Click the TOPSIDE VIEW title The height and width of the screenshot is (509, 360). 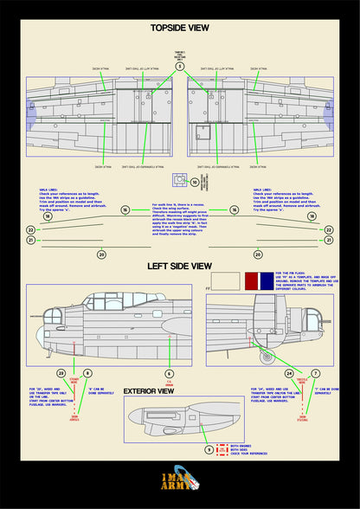point(179,28)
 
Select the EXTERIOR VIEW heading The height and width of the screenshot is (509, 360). point(151,391)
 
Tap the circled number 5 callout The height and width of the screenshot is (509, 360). point(180,66)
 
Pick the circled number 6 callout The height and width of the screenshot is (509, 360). point(169,373)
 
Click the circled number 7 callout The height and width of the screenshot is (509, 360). point(315,373)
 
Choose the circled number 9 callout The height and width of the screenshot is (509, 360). point(208,449)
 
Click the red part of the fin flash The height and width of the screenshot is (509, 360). point(253,280)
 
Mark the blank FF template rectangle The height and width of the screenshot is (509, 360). point(225,280)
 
